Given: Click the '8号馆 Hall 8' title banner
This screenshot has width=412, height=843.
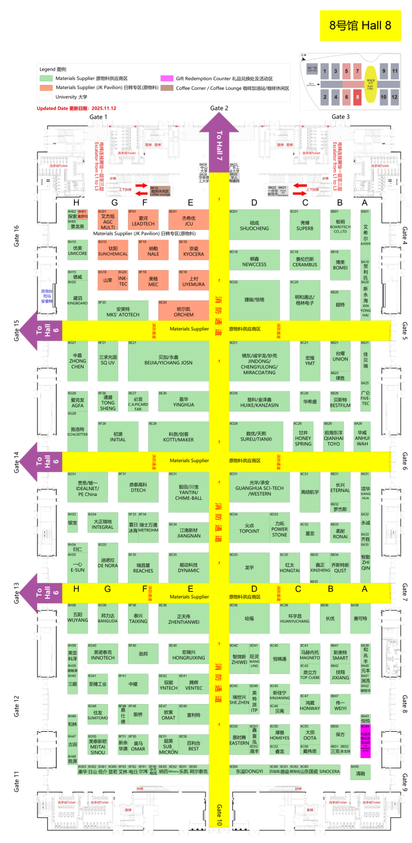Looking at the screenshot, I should [360, 26].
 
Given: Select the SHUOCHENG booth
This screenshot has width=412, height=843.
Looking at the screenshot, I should [254, 225].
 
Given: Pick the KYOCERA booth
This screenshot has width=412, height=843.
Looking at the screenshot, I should [193, 251].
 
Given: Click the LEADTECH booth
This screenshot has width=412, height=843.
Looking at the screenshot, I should [143, 221].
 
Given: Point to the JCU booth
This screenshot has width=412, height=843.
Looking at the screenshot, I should [188, 221].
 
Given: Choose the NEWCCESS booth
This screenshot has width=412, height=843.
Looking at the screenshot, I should [254, 261].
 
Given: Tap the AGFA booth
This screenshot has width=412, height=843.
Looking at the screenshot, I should [78, 403].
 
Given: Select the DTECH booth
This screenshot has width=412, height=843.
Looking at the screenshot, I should [138, 487].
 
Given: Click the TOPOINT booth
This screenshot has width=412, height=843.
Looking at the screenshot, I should [249, 529].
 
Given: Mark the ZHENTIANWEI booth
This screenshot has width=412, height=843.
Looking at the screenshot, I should [184, 619].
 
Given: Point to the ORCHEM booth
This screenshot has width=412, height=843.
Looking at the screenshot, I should [184, 312].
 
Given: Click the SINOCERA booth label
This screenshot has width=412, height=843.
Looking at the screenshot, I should [329, 771].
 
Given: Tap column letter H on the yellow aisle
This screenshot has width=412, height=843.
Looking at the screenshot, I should [77, 589].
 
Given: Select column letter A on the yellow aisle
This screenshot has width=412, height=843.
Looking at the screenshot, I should [364, 589].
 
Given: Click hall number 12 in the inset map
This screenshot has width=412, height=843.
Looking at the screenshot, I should [394, 97].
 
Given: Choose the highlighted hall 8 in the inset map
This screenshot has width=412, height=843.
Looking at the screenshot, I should [357, 97].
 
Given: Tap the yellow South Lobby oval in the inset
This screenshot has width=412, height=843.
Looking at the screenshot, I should [370, 84].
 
